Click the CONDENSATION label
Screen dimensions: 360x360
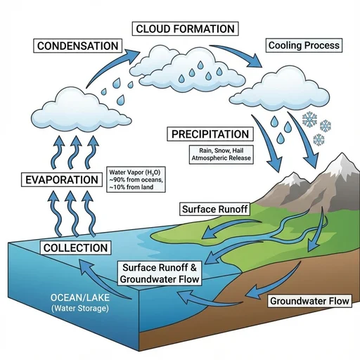click(x=77, y=46)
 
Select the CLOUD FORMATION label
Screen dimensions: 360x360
click(x=185, y=29)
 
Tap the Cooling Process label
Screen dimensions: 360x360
click(x=304, y=45)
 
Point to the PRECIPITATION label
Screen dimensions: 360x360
click(x=210, y=134)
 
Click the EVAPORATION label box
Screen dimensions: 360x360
click(x=62, y=180)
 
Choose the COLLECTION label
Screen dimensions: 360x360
click(x=75, y=247)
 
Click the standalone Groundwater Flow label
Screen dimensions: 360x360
click(x=309, y=301)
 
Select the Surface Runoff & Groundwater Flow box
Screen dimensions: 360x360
click(x=160, y=274)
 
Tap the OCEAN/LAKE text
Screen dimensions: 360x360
click(x=80, y=297)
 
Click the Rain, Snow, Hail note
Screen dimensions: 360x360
click(x=221, y=154)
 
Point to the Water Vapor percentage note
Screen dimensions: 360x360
click(x=136, y=179)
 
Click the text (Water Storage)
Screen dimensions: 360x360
click(x=80, y=308)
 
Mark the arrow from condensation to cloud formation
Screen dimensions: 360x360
click(x=110, y=66)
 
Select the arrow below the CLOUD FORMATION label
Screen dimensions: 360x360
click(x=237, y=53)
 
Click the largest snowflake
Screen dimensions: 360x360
click(x=309, y=120)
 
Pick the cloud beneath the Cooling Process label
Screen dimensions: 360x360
click(x=280, y=89)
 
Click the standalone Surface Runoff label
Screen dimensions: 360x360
click(x=214, y=209)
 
